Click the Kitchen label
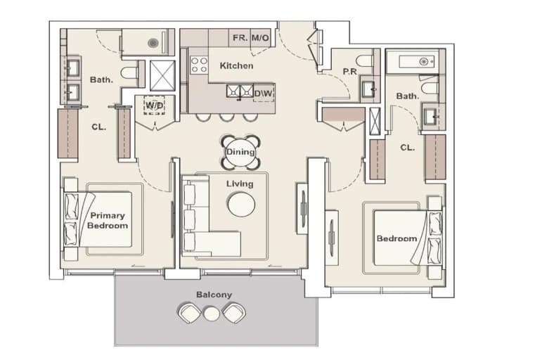click(236, 65)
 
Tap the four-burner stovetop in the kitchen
click(199, 65)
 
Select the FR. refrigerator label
click(240, 37)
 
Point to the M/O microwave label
click(260, 37)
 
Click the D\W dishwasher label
click(264, 93)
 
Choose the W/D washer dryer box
click(154, 105)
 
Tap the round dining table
click(240, 152)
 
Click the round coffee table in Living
click(241, 204)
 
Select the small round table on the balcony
click(211, 314)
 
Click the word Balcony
click(214, 295)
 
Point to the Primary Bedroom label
click(108, 221)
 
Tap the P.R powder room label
click(349, 72)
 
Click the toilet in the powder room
click(364, 60)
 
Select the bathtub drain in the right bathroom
click(423, 62)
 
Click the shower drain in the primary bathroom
click(153, 43)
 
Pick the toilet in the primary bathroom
click(129, 72)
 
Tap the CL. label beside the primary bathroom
click(99, 127)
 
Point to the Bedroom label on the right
click(397, 238)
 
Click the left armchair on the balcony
click(189, 314)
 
